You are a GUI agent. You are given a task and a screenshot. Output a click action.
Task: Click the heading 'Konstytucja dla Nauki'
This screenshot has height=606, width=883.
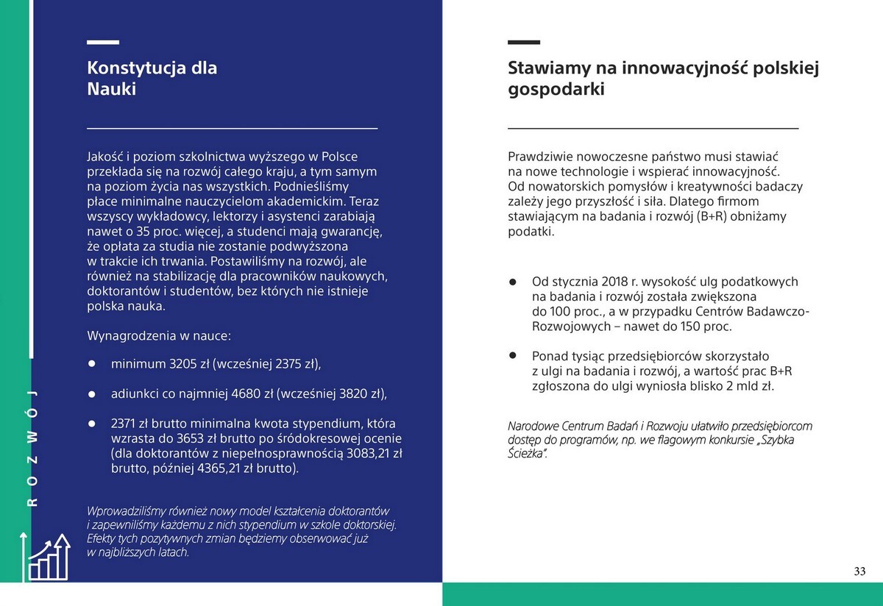152,79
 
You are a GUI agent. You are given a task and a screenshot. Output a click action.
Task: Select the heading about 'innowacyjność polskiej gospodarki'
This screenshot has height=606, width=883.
663,79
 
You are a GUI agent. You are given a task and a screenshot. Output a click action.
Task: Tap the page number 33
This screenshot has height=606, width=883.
859,571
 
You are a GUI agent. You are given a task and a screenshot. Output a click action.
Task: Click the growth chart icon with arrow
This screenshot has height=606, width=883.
49,556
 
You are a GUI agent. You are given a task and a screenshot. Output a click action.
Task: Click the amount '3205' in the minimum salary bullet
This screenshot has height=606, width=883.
184,364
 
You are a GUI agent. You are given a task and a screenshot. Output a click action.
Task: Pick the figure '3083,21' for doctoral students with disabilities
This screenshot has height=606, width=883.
368,453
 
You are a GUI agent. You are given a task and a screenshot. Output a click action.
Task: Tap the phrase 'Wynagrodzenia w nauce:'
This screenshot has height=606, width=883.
159,335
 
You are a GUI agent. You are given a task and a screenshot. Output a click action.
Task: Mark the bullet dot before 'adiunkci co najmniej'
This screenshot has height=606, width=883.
92,393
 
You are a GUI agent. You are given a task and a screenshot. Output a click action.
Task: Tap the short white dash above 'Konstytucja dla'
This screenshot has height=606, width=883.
103,43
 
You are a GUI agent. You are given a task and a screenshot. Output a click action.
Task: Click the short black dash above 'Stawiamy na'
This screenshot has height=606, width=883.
524,43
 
